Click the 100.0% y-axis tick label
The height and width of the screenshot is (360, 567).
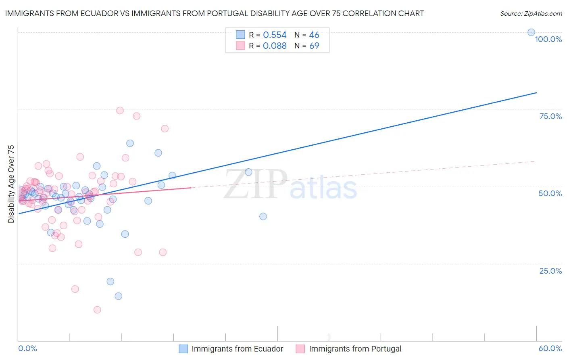[548, 39]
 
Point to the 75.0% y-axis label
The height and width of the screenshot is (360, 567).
[550, 116]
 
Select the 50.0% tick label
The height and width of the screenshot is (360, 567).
[550, 193]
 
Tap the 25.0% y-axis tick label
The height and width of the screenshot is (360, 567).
[550, 270]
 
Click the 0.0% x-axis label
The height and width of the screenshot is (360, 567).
[27, 348]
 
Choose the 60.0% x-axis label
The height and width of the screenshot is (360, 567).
[550, 348]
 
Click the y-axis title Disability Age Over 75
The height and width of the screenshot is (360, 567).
[11, 184]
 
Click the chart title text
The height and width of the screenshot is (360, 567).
[214, 13]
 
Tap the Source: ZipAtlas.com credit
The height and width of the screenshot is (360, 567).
[531, 14]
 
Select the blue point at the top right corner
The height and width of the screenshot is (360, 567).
[531, 32]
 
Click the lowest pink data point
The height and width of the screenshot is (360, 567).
[97, 310]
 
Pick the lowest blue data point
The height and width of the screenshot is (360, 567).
[118, 296]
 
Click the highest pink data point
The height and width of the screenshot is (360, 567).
[120, 110]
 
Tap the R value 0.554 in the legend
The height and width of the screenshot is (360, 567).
[275, 35]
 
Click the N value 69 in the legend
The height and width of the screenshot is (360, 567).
[314, 46]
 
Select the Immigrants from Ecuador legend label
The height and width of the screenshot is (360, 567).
[237, 349]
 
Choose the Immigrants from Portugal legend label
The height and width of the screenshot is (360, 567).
[355, 349]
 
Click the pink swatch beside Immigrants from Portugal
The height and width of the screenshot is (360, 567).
[300, 349]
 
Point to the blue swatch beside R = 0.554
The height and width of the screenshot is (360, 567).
[240, 35]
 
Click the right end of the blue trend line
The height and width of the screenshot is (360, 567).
[536, 93]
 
